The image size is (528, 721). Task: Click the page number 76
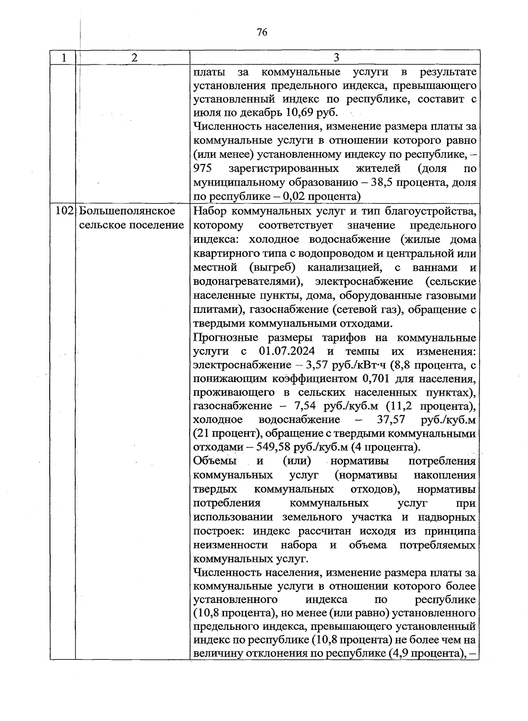(261, 32)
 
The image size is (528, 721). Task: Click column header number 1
(64, 58)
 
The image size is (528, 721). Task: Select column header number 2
(134, 58)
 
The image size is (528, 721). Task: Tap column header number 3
(336, 58)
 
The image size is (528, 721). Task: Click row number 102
(65, 211)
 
